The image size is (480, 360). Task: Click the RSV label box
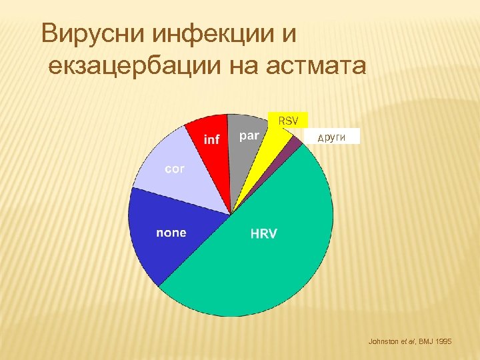click(x=288, y=120)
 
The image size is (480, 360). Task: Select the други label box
click(x=331, y=137)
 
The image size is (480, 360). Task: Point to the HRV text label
click(x=264, y=234)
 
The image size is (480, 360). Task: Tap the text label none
click(x=171, y=233)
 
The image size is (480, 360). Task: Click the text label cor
click(x=175, y=169)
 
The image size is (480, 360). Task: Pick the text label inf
click(x=212, y=139)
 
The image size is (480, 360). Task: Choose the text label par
click(x=249, y=136)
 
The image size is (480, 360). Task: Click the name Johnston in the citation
click(x=383, y=341)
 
